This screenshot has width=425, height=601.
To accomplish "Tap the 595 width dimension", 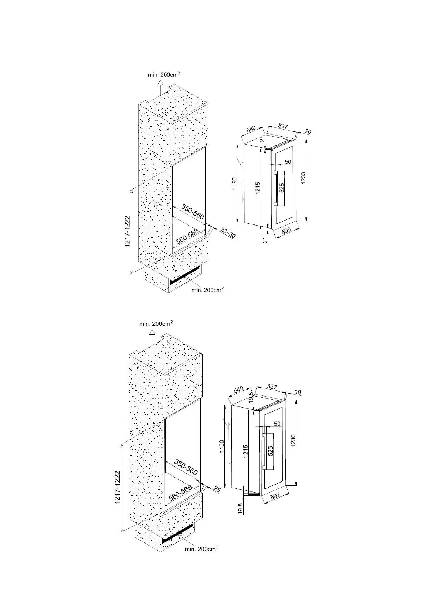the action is pyautogui.click(x=287, y=230).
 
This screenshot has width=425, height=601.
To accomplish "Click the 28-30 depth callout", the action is pyautogui.click(x=228, y=233).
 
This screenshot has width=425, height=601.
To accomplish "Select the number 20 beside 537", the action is pyautogui.click(x=308, y=132).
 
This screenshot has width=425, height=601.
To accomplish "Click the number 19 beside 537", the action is pyautogui.click(x=298, y=392).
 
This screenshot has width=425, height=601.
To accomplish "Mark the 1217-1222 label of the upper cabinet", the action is pyautogui.click(x=127, y=231).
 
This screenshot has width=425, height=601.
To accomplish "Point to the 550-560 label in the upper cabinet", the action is pyautogui.click(x=193, y=212).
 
